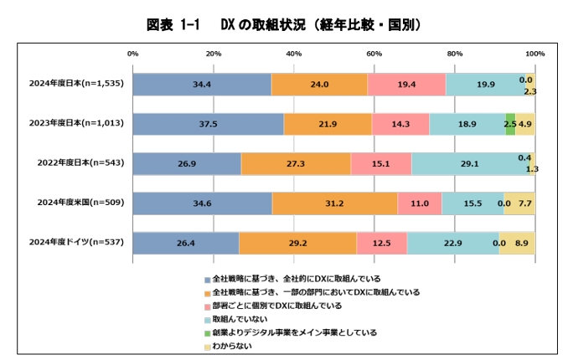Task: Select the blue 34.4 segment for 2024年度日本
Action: coord(202,85)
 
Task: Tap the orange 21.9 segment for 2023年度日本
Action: coord(328,124)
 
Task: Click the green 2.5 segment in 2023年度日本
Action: coord(510,124)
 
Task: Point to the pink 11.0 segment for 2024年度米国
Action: coord(419,203)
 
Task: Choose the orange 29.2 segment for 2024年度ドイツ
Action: coord(297,243)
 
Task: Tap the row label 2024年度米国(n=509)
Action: coord(76,203)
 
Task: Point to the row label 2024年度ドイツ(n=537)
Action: coord(76,243)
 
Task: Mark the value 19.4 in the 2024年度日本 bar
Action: coord(406,85)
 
